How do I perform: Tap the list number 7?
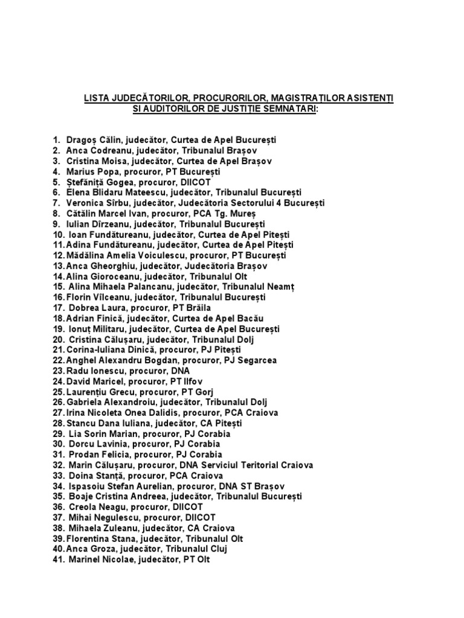pyautogui.click(x=57, y=203)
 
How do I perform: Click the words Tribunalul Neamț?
pyautogui.click(x=257, y=287)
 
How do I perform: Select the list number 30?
pyautogui.click(x=58, y=444)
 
